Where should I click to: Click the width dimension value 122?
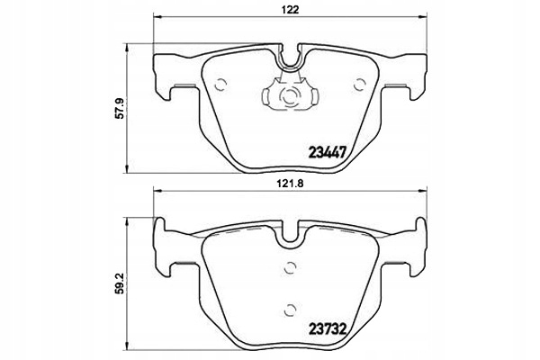point(289,10)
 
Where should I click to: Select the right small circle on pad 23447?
point(359,85)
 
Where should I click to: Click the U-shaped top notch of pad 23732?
point(290,232)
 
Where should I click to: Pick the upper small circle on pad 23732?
point(289,266)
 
